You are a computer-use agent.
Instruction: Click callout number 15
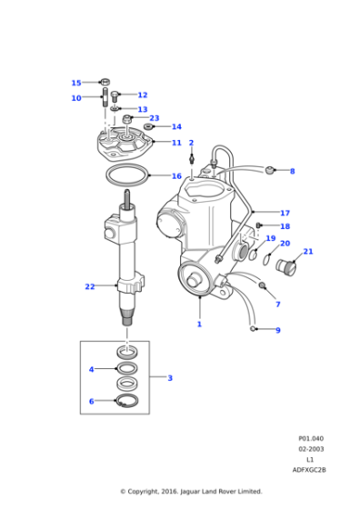click(x=76, y=83)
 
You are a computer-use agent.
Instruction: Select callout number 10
click(x=76, y=98)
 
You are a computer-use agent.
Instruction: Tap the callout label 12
click(x=142, y=95)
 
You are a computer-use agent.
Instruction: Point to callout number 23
click(x=154, y=118)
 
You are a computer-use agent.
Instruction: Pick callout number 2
click(x=191, y=143)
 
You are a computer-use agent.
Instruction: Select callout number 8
click(x=292, y=171)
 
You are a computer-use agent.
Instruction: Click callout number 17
click(x=285, y=213)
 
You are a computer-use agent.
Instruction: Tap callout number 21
click(x=308, y=252)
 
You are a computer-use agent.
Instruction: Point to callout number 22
click(x=89, y=287)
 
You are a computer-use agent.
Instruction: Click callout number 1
click(x=199, y=324)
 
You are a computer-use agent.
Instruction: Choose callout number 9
click(x=278, y=330)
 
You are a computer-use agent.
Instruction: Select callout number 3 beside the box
click(x=169, y=377)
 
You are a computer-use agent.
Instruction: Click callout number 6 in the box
click(x=91, y=401)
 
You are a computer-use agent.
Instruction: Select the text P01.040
click(x=312, y=437)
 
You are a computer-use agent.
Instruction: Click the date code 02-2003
click(x=312, y=448)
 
